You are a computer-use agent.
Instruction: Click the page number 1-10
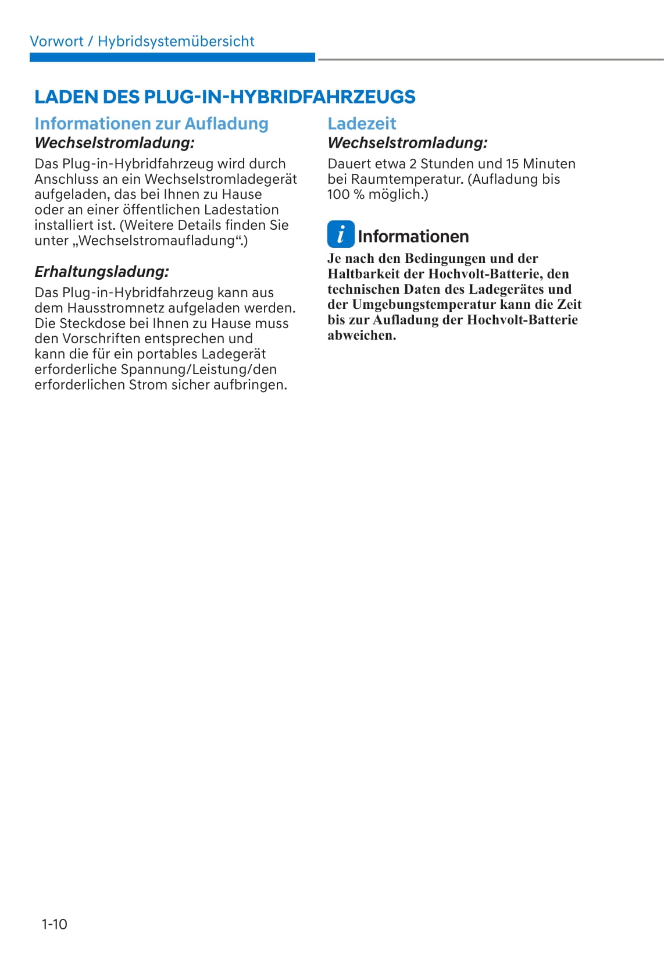(54, 924)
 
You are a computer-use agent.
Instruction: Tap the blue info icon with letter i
(340, 234)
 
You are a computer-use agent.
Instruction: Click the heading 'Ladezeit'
(362, 123)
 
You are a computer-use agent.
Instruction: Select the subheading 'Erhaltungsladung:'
(102, 272)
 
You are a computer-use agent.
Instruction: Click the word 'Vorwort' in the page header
(56, 41)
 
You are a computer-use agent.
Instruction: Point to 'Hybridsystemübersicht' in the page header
(176, 41)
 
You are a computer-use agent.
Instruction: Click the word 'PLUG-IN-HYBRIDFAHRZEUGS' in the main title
(280, 97)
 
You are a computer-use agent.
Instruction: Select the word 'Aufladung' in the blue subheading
(226, 123)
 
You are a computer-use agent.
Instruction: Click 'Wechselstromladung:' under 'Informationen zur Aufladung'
(115, 142)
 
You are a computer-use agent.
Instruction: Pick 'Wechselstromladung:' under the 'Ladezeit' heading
(408, 142)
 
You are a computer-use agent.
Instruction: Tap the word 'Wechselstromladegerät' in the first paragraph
(220, 179)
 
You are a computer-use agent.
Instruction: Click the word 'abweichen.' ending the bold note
(362, 335)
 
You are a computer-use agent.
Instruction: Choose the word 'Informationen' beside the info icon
(413, 236)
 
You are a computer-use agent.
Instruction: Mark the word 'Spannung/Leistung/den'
(198, 369)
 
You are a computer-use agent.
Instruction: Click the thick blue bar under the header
(172, 58)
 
